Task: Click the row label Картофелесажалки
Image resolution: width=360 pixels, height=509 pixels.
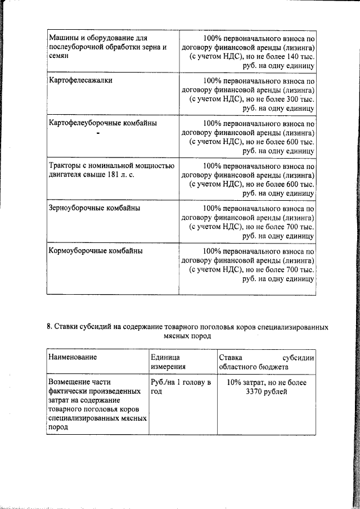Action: [80, 80]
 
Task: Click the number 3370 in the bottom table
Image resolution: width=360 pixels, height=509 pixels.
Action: [256, 392]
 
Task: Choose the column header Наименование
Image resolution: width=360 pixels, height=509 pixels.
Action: [73, 357]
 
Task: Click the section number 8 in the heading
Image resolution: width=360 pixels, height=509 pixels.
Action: [48, 327]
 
